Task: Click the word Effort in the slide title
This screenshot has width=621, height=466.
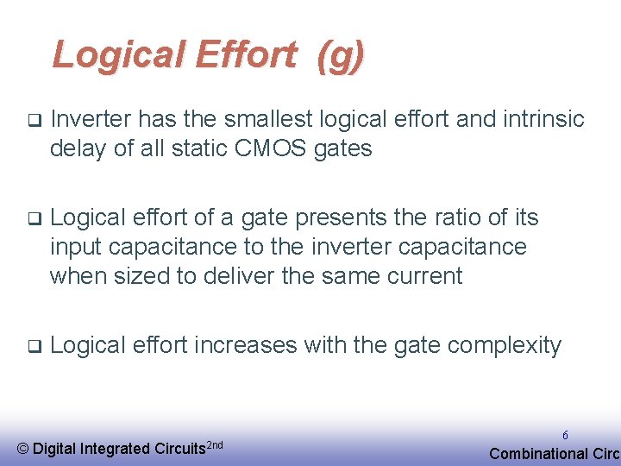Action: (x=246, y=54)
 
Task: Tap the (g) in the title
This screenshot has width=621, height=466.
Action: (x=341, y=55)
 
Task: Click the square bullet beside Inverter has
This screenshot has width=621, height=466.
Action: (x=34, y=118)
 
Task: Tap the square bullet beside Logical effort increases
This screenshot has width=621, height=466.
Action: (x=34, y=346)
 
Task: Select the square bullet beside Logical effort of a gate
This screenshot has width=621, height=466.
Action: (x=34, y=217)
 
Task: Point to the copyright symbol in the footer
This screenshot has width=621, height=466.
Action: (x=23, y=449)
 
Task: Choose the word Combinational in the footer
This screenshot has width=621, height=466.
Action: (x=536, y=454)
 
